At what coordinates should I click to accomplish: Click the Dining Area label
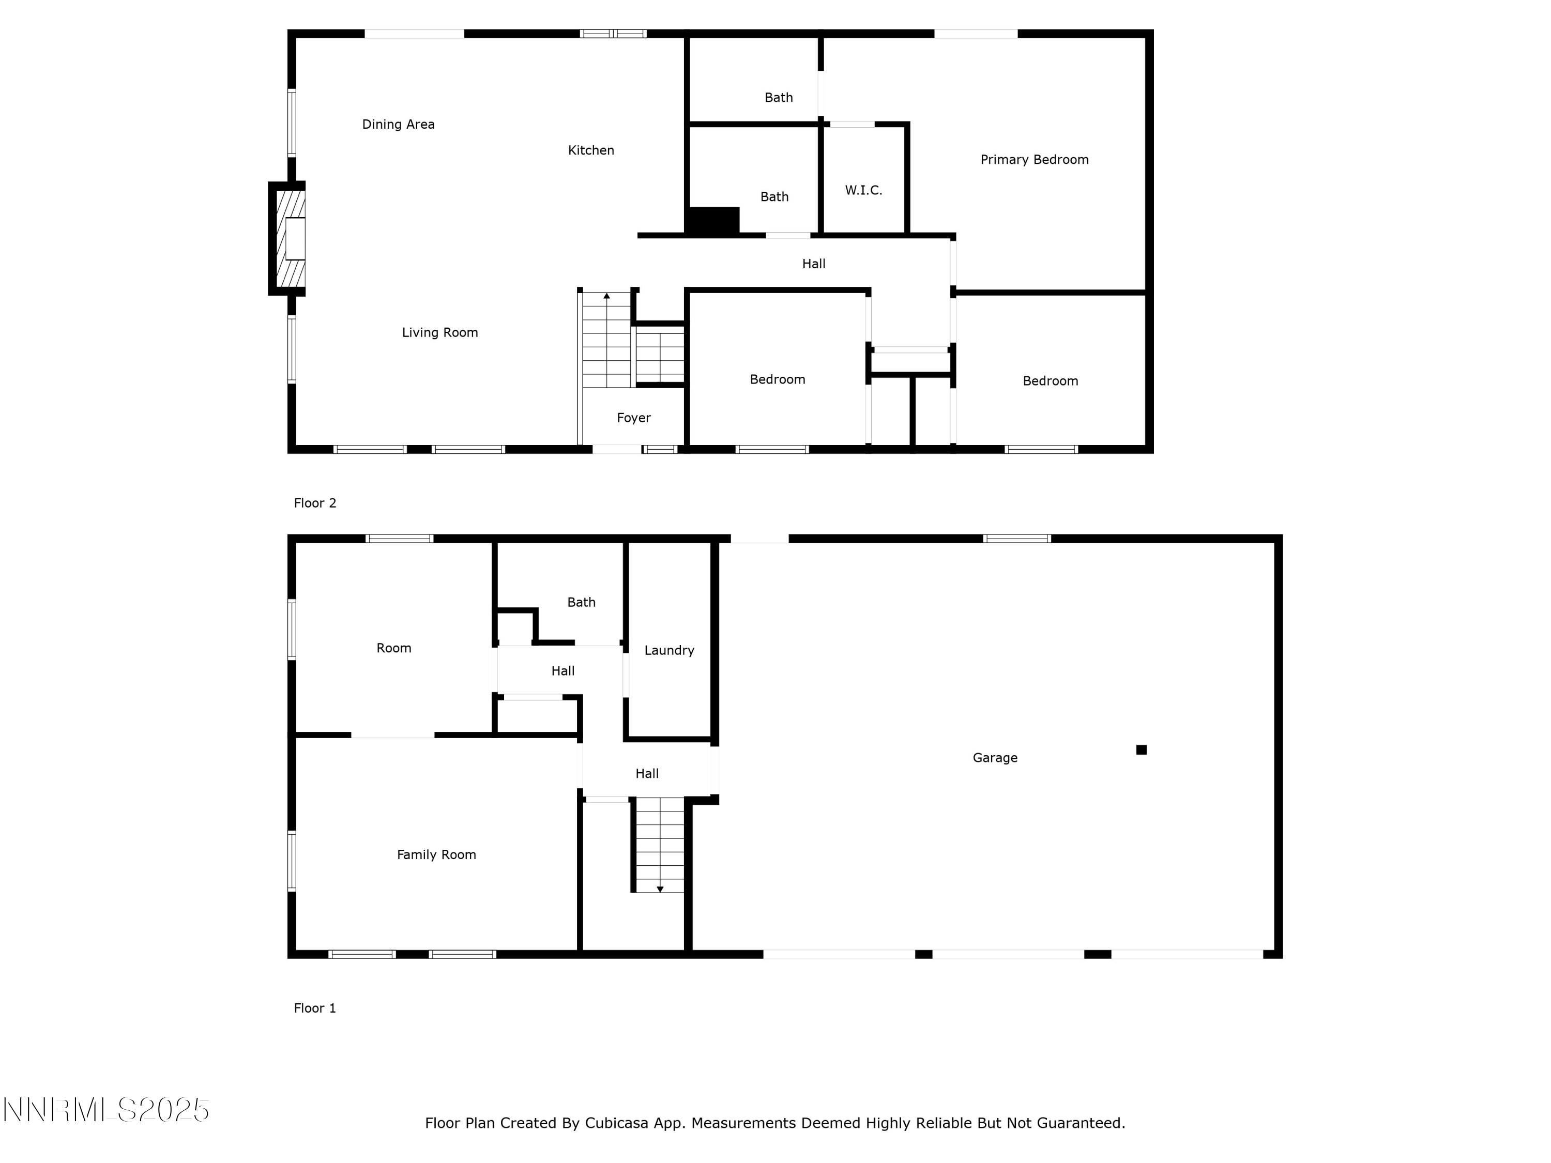click(x=398, y=124)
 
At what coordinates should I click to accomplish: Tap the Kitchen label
click(x=591, y=150)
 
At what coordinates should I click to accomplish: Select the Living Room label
click(x=439, y=332)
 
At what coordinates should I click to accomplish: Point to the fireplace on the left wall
click(x=287, y=238)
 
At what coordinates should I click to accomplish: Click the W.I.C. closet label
click(x=863, y=190)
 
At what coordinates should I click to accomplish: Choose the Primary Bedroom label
click(x=1034, y=160)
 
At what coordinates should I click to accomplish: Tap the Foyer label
click(x=634, y=418)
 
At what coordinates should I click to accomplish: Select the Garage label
click(x=995, y=758)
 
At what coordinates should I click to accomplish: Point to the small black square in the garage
click(x=1142, y=750)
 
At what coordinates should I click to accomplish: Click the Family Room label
click(x=436, y=854)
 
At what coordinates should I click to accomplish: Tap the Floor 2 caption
click(x=315, y=502)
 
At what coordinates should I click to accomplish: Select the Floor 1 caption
click(x=315, y=1008)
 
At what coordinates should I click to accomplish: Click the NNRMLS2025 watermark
click(x=106, y=1110)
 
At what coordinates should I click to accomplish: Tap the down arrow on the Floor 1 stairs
click(x=660, y=889)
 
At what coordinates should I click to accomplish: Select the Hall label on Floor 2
click(x=813, y=264)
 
